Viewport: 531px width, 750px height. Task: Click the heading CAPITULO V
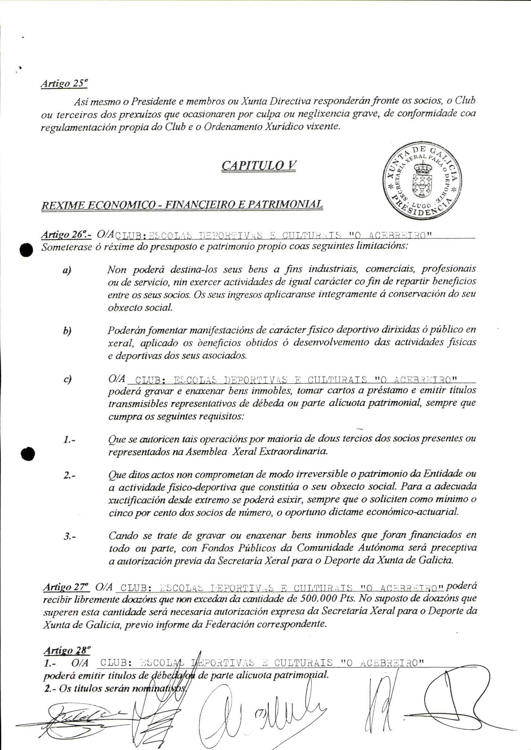tap(259, 166)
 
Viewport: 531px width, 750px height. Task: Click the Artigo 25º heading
tap(64, 84)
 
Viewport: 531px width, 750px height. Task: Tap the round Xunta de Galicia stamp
tap(422, 181)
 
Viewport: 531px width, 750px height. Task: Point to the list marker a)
tap(67, 270)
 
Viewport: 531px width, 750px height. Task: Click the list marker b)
tap(67, 331)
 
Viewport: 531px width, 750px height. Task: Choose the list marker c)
tap(67, 379)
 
